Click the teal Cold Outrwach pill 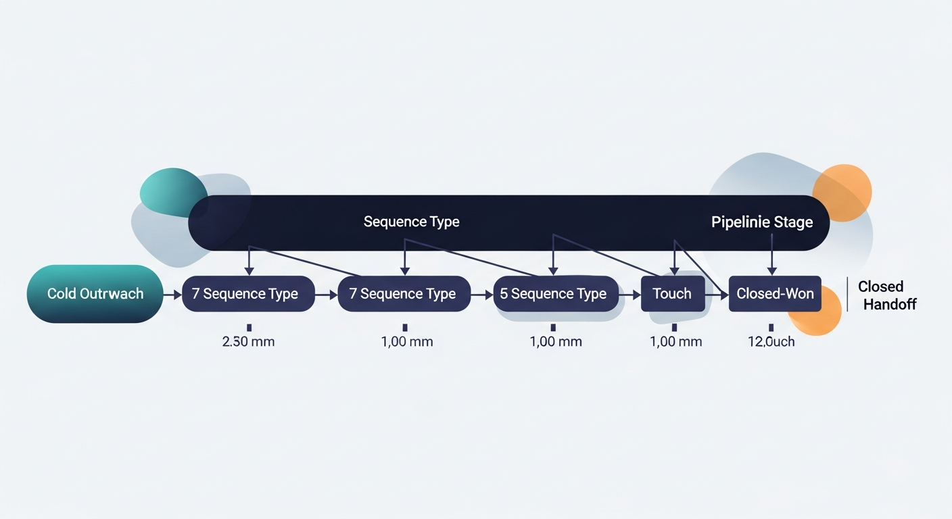click(x=95, y=294)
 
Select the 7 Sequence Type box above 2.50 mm click(x=248, y=294)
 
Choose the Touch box click(x=672, y=294)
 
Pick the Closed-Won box click(x=775, y=294)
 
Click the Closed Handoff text click(x=886, y=295)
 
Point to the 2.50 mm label click(x=248, y=341)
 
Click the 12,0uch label click(x=771, y=341)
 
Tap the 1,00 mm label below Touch click(x=675, y=341)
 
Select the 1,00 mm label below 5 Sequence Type click(x=556, y=341)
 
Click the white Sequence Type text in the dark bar click(x=411, y=222)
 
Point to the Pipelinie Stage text click(x=761, y=222)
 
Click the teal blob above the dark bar click(x=172, y=192)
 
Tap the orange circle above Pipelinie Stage click(x=844, y=192)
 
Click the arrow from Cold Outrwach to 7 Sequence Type click(x=172, y=295)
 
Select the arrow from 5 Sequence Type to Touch click(x=629, y=295)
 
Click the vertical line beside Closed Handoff click(x=847, y=295)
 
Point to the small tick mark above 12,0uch click(x=771, y=328)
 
